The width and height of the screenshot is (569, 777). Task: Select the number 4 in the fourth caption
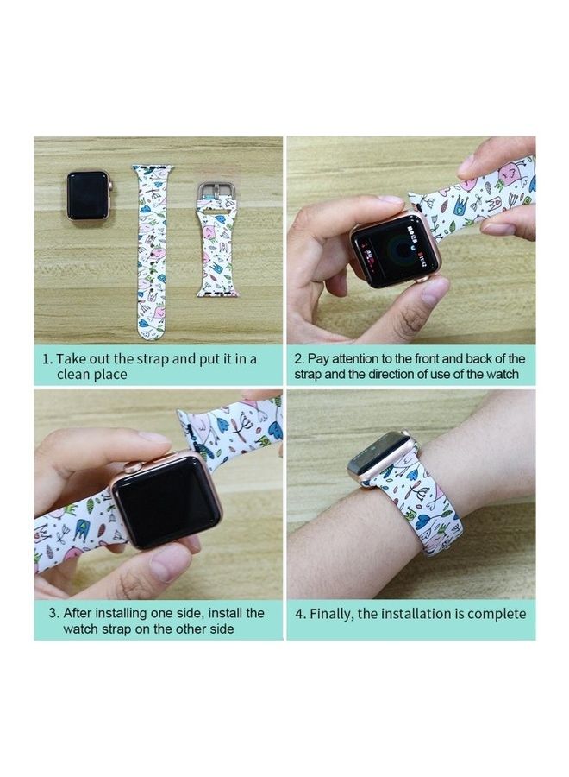299,614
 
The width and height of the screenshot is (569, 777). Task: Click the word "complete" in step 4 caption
492,614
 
